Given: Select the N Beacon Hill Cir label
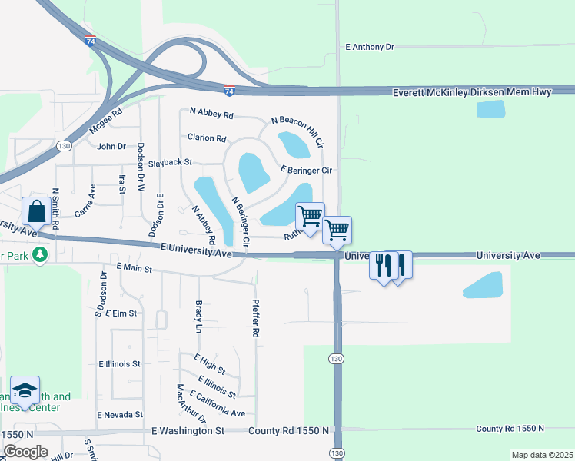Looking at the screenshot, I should pos(298,132).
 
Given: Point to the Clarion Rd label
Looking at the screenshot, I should pos(207,138).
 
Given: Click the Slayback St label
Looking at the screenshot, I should pos(170,163).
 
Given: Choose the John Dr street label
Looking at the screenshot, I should pos(111,146).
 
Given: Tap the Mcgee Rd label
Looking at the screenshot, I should pos(106,123).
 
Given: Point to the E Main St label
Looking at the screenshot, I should pos(135,267).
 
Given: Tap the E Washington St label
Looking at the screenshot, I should pos(188,431).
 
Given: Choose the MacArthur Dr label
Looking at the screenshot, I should pos(191,404).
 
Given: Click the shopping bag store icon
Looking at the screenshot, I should pos(37,210).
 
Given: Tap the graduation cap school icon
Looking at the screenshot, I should pos(25,390).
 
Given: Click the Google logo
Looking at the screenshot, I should pos(25,452).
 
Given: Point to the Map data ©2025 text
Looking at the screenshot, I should pos(541,455).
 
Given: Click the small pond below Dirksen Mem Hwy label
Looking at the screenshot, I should pos(491,109).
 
